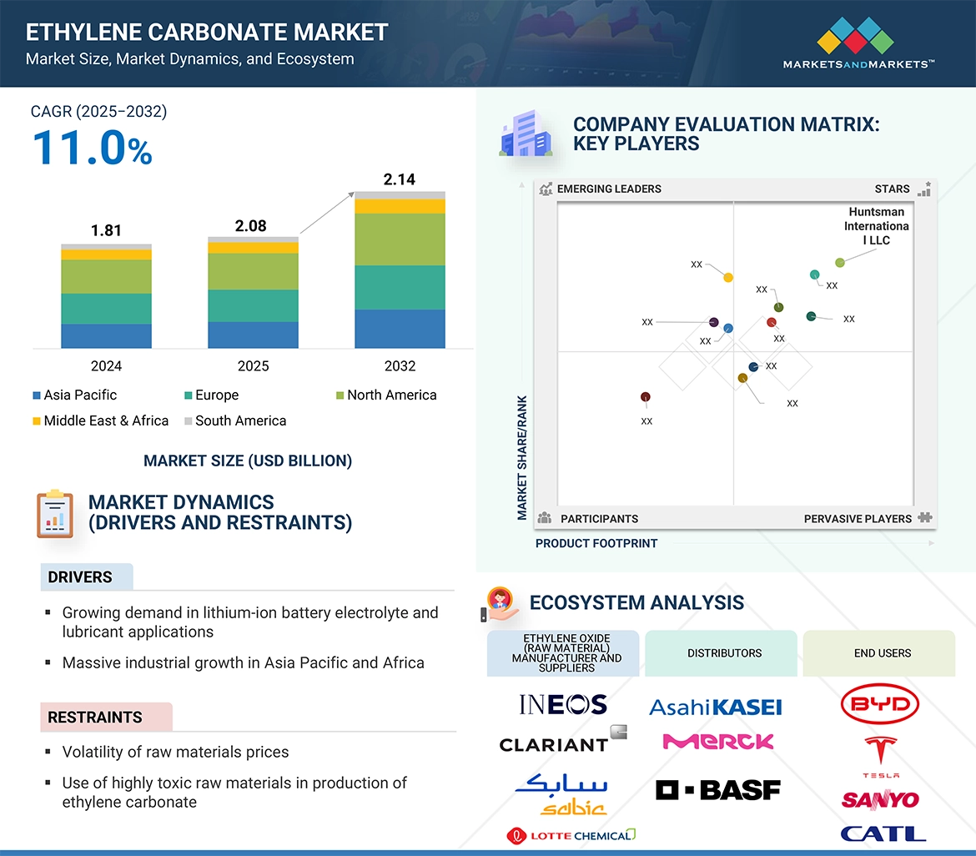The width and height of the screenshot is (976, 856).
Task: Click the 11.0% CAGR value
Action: tap(92, 148)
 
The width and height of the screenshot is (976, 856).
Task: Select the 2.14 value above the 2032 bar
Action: tap(399, 179)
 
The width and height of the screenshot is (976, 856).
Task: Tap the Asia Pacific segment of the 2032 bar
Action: tap(400, 329)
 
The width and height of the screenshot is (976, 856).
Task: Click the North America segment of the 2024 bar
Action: tap(106, 276)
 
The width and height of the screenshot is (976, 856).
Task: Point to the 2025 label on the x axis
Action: tap(253, 366)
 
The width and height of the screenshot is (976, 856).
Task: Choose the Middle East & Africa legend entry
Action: tap(100, 421)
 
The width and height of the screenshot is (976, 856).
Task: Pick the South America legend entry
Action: tap(234, 421)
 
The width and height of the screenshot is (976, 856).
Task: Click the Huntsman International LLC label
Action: tap(876, 226)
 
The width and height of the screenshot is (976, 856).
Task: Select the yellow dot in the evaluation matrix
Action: tap(728, 277)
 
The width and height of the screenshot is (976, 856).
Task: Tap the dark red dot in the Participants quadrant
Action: tap(645, 397)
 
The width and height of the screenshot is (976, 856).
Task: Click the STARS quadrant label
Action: tap(892, 189)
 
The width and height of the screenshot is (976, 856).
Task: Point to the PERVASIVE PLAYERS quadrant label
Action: tap(858, 519)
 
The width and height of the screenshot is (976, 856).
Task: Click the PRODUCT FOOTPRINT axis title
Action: tap(596, 544)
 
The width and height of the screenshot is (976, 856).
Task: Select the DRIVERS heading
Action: tap(80, 577)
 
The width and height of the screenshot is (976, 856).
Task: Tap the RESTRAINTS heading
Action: tap(95, 718)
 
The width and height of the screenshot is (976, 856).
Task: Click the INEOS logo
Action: tap(563, 705)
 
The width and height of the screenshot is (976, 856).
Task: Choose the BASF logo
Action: tap(718, 789)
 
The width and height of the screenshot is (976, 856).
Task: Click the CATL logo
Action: tap(883, 833)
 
